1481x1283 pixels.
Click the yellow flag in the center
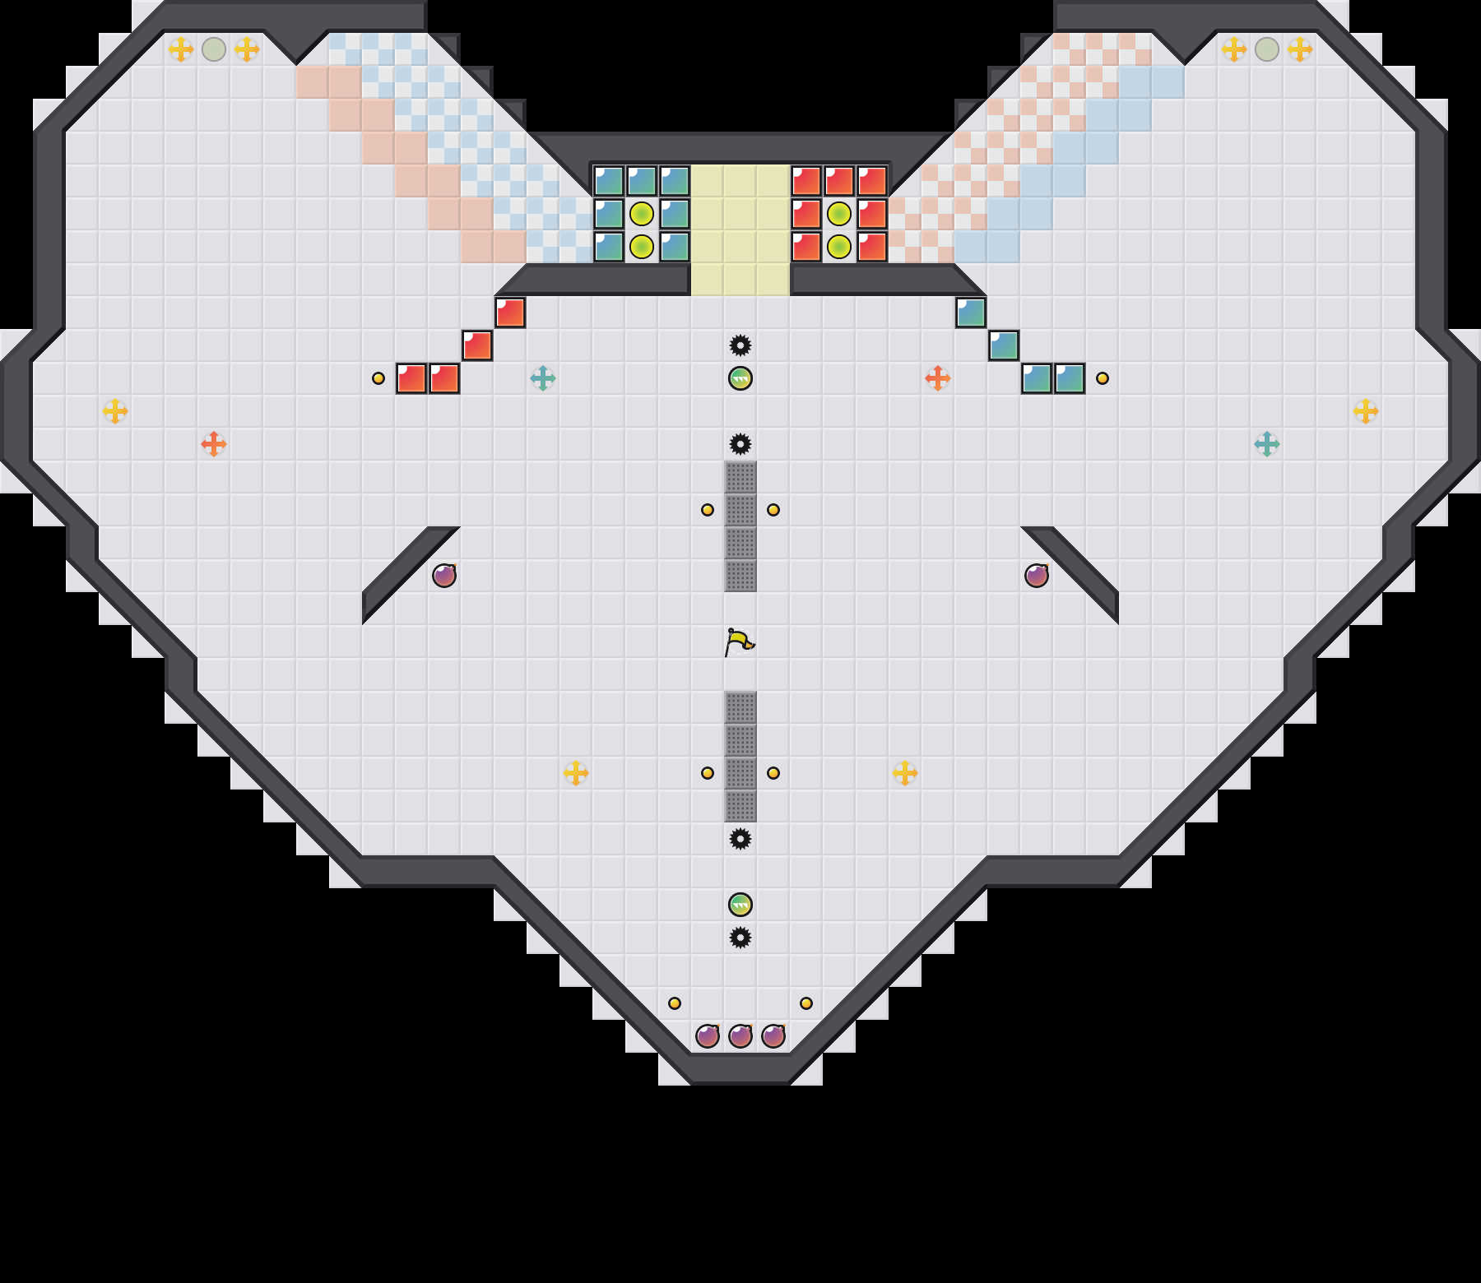click(x=739, y=641)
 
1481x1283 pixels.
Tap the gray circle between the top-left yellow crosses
click(x=214, y=49)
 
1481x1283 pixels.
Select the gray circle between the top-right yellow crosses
click(x=1267, y=49)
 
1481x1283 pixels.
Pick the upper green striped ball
click(x=740, y=378)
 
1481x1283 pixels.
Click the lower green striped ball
click(x=740, y=905)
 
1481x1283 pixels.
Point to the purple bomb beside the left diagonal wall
click(x=444, y=576)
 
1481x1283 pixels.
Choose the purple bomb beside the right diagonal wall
click(x=1037, y=576)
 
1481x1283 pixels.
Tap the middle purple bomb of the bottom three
click(x=740, y=1036)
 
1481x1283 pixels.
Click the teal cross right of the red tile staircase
click(x=543, y=378)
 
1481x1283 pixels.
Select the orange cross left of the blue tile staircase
click(x=938, y=378)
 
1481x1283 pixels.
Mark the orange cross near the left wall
click(x=214, y=444)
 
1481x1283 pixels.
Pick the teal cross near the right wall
click(x=1267, y=444)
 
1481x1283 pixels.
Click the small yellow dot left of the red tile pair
click(x=378, y=378)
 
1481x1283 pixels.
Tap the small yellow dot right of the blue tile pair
click(x=1103, y=378)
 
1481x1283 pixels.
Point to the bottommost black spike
click(x=740, y=938)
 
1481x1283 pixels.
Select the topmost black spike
click(x=740, y=345)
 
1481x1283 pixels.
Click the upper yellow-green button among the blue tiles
click(x=642, y=214)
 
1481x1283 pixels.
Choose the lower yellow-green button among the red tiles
click(x=839, y=247)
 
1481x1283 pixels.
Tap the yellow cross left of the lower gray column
click(x=576, y=773)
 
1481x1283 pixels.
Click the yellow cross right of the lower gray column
click(x=905, y=773)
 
